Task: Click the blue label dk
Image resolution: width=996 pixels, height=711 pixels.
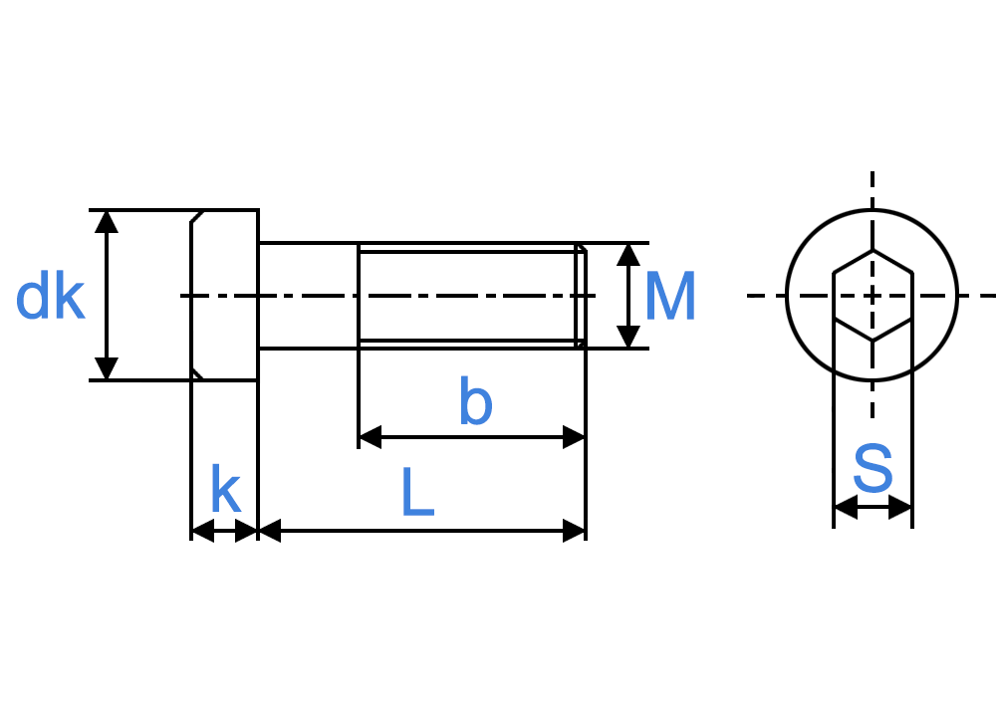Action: [x=50, y=295]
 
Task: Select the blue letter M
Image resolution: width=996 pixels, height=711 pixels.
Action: [x=670, y=296]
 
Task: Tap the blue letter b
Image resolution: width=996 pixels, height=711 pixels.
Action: [x=476, y=400]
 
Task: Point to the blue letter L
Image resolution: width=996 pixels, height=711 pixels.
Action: [x=418, y=491]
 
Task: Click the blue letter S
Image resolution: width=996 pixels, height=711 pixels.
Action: [x=872, y=468]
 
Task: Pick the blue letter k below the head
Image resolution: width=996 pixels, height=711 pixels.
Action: [x=225, y=488]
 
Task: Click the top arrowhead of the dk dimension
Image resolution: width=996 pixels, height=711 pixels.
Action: [x=107, y=221]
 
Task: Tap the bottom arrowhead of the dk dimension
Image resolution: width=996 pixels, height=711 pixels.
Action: [x=107, y=368]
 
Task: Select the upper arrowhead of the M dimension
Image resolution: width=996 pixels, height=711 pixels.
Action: [x=628, y=255]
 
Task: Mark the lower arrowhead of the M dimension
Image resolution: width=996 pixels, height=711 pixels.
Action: [x=628, y=337]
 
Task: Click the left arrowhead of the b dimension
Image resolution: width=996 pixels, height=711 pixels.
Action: [x=371, y=437]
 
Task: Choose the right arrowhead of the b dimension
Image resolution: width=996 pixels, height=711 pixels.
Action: [x=574, y=437]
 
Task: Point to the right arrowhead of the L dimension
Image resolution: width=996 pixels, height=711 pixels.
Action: [x=574, y=531]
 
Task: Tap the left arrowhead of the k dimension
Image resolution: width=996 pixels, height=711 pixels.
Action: [x=202, y=531]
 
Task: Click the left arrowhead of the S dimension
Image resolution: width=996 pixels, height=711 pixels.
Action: [x=846, y=507]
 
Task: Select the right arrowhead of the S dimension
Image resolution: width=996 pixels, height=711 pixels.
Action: [x=900, y=507]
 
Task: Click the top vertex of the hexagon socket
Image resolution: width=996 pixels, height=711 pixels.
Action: [x=872, y=250]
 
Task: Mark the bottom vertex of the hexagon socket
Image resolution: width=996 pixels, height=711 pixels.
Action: [x=872, y=341]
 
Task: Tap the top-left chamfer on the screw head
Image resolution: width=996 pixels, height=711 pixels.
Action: [x=197, y=216]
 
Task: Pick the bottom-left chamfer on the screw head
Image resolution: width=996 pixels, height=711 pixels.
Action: [x=197, y=373]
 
